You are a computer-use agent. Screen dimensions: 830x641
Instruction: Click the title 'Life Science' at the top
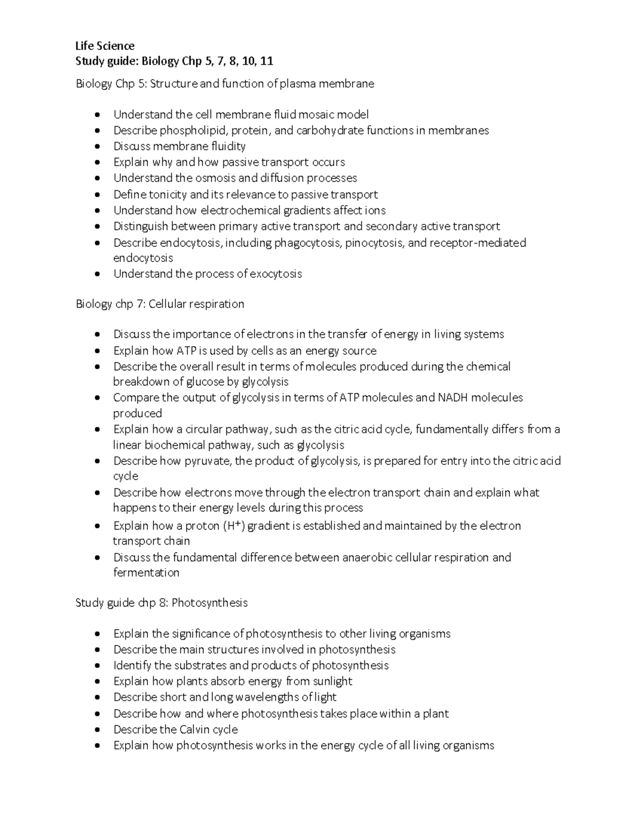click(x=105, y=46)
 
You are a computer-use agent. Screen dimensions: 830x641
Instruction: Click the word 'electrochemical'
click(x=241, y=211)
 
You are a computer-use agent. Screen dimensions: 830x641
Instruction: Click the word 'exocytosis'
click(x=276, y=274)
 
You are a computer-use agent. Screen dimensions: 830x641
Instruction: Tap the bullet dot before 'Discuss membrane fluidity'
click(x=97, y=147)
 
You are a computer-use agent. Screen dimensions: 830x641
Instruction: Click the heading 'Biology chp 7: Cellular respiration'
click(x=160, y=304)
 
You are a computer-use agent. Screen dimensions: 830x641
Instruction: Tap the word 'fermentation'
click(x=146, y=573)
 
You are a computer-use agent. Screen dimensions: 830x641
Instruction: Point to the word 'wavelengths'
click(x=268, y=697)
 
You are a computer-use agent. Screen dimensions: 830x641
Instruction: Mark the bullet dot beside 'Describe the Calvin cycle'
click(x=97, y=730)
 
